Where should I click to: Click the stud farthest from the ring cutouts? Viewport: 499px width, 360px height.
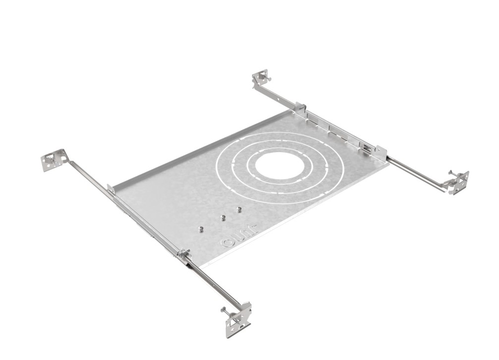coord(201,229)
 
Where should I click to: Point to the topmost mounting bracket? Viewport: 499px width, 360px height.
coord(261,78)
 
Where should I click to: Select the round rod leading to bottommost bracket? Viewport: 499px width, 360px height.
coord(213,282)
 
